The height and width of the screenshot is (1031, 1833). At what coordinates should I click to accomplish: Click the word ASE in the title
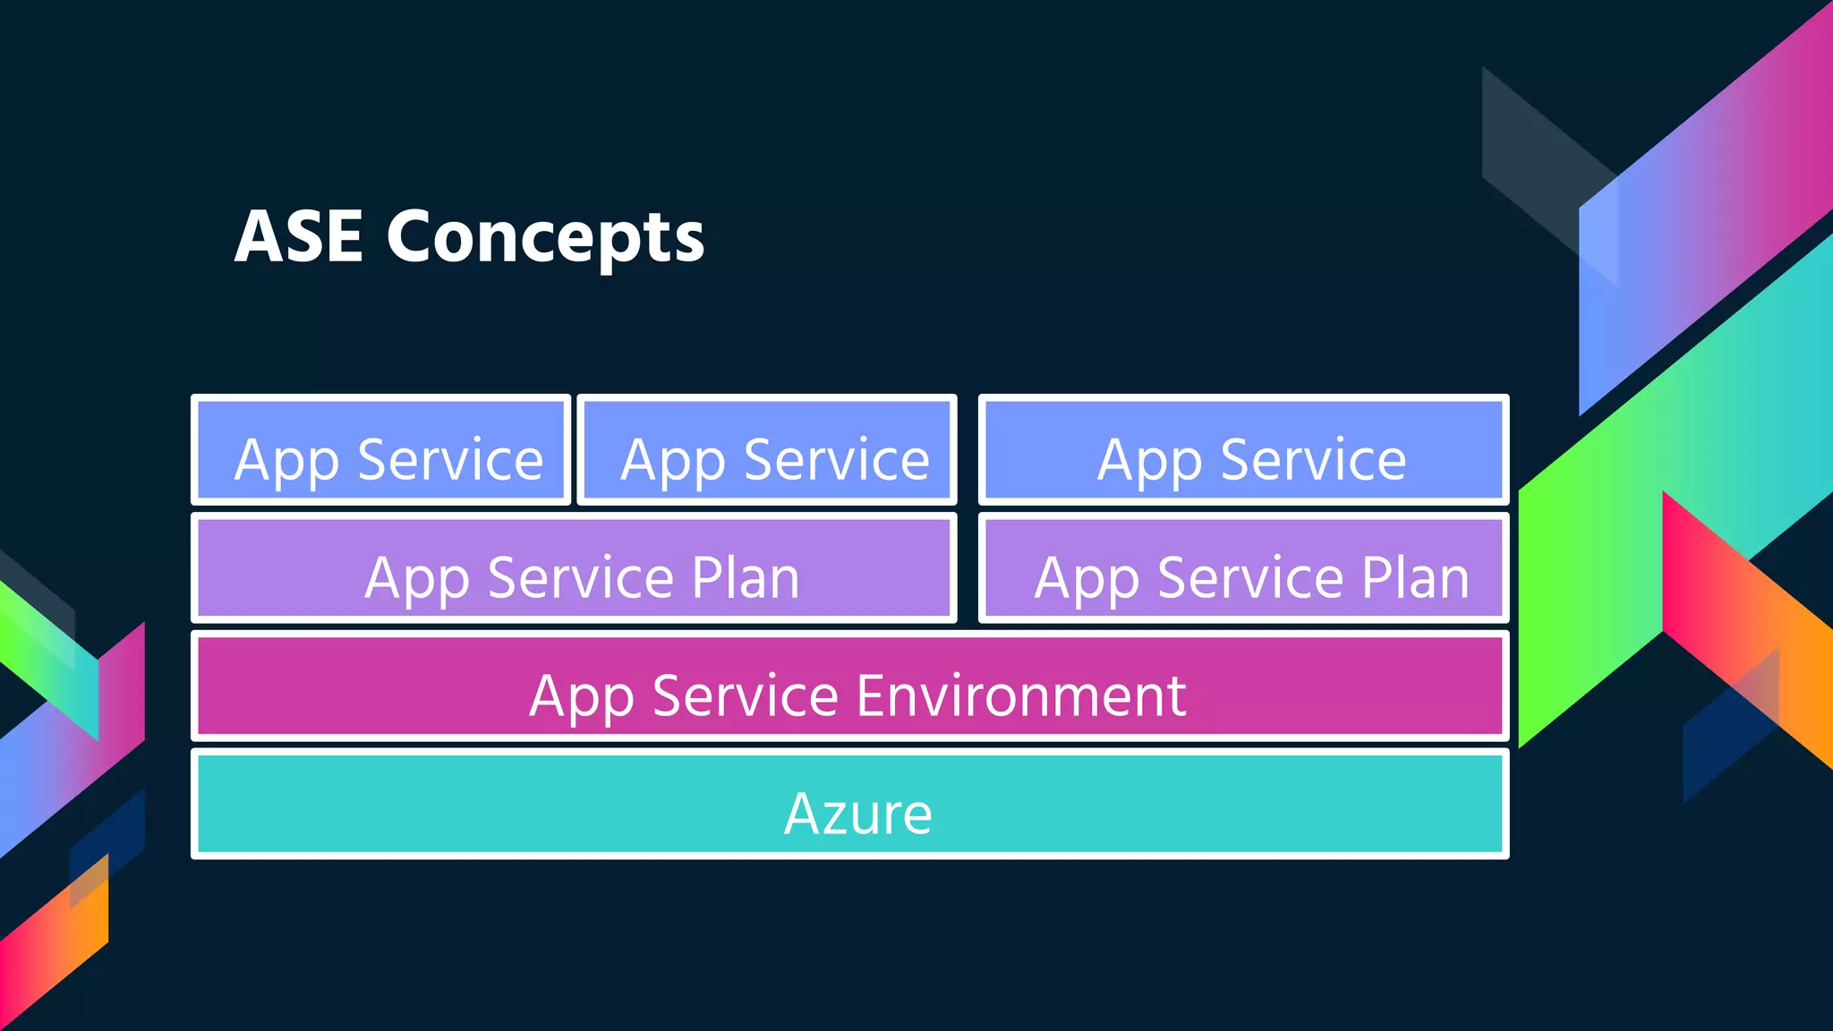coord(299,236)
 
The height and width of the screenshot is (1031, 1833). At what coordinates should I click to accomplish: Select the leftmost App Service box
coord(380,450)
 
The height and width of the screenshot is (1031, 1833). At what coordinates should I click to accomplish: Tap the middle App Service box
coord(767,450)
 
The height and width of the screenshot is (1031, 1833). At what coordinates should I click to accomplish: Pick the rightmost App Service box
coord(1243,450)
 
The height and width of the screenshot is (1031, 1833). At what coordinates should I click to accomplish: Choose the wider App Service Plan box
coord(574,568)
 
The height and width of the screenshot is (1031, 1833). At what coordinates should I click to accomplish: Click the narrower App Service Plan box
coord(1243,568)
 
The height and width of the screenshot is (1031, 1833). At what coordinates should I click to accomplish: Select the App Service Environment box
coord(849,686)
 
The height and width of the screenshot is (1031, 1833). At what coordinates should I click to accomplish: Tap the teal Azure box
coord(849,805)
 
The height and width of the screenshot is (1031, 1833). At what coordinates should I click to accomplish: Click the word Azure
coord(857,814)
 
